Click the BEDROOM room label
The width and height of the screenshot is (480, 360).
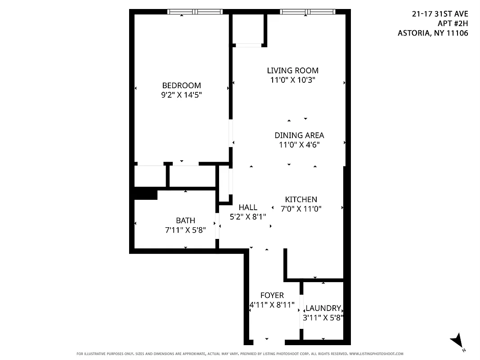[181, 85]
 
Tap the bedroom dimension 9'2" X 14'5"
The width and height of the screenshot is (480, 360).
[181, 95]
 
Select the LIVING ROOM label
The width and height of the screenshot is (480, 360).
[292, 71]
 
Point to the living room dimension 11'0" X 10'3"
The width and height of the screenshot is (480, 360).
[292, 80]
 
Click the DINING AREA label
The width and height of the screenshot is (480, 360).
[299, 135]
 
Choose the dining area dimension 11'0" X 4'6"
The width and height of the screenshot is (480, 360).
[299, 144]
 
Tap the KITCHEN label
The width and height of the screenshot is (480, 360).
[301, 199]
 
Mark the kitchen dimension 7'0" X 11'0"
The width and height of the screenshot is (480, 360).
[301, 209]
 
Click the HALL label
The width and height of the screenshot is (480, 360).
[248, 207]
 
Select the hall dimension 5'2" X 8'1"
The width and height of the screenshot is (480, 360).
[248, 216]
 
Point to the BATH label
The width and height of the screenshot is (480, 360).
[185, 220]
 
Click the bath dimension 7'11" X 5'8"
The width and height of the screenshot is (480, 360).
[185, 230]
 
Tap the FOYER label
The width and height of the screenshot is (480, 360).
[272, 295]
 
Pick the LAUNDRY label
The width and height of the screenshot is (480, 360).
[323, 308]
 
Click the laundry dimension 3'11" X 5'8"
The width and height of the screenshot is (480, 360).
[323, 317]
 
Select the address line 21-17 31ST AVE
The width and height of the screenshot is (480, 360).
[440, 14]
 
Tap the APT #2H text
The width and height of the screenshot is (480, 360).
[453, 23]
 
